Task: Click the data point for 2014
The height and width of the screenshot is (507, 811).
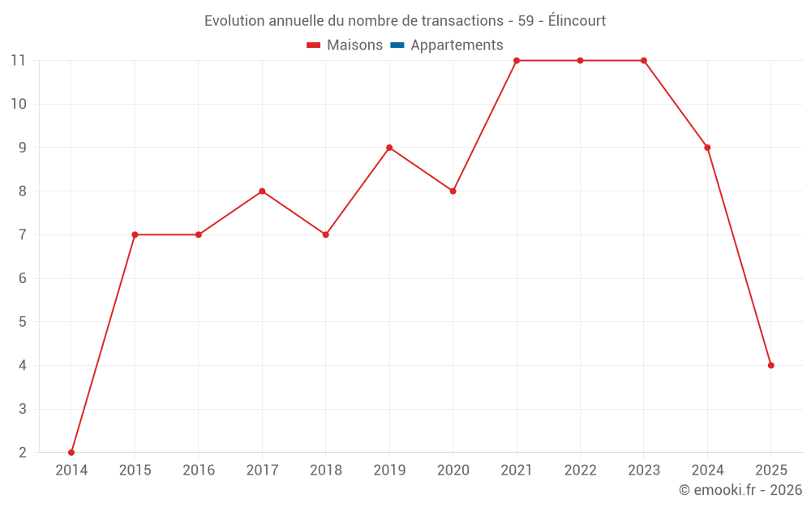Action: (x=71, y=453)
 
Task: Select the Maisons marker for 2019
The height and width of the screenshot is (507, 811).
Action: (x=389, y=148)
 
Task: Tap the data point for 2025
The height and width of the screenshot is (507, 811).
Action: (x=771, y=365)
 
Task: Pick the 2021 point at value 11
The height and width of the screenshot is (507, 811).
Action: (x=517, y=61)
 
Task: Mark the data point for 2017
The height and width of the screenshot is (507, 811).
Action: (x=262, y=191)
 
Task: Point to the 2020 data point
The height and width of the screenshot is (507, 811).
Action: (x=453, y=191)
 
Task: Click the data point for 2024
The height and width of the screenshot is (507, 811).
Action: (x=707, y=148)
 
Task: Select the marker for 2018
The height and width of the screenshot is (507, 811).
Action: (x=325, y=234)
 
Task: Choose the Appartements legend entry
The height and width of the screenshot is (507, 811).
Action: (x=457, y=45)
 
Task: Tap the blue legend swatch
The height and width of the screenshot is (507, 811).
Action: (x=397, y=45)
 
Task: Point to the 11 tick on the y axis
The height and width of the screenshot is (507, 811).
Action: (x=19, y=61)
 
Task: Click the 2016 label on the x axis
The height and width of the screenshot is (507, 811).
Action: (x=199, y=470)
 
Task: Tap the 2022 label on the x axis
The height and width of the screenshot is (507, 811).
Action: (x=580, y=470)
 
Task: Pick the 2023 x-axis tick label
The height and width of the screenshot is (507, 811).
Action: (x=644, y=470)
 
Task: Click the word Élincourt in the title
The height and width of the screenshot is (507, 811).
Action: (x=577, y=21)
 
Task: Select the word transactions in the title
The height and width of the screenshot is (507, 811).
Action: (x=465, y=21)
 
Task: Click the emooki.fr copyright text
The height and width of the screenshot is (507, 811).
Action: (x=740, y=490)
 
